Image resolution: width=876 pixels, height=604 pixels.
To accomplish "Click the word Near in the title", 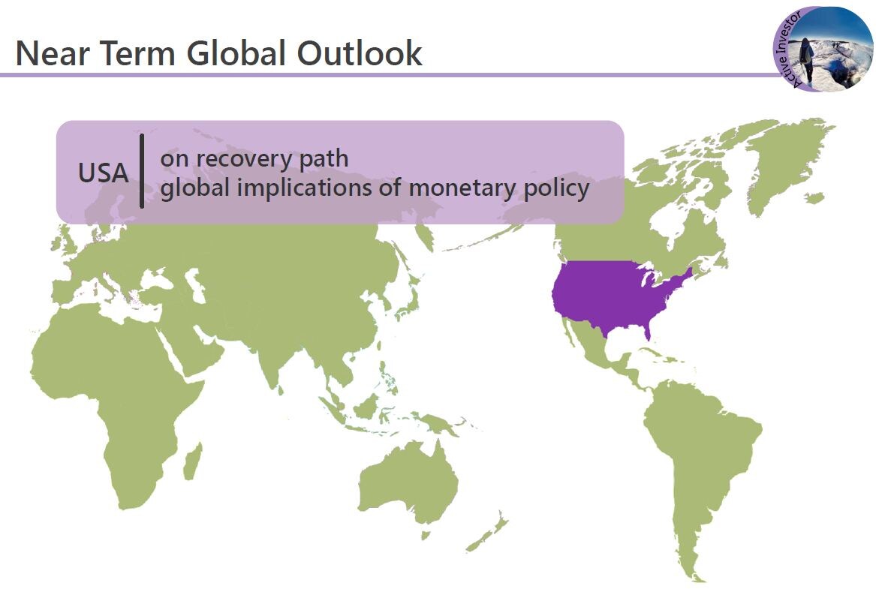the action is tap(53, 53).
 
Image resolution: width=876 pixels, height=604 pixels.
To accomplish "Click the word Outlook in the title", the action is tap(360, 53).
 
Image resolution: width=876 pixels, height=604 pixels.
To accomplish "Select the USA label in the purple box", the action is tap(104, 173).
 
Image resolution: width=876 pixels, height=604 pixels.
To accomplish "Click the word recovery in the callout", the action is tap(245, 159).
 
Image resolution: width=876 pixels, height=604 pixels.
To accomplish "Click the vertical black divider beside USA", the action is tap(142, 171).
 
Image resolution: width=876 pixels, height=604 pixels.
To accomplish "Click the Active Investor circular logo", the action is tap(823, 49).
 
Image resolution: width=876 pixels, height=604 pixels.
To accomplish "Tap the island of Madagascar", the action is tap(193, 461).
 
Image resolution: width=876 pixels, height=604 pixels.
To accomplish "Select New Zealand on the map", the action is tap(486, 533).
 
